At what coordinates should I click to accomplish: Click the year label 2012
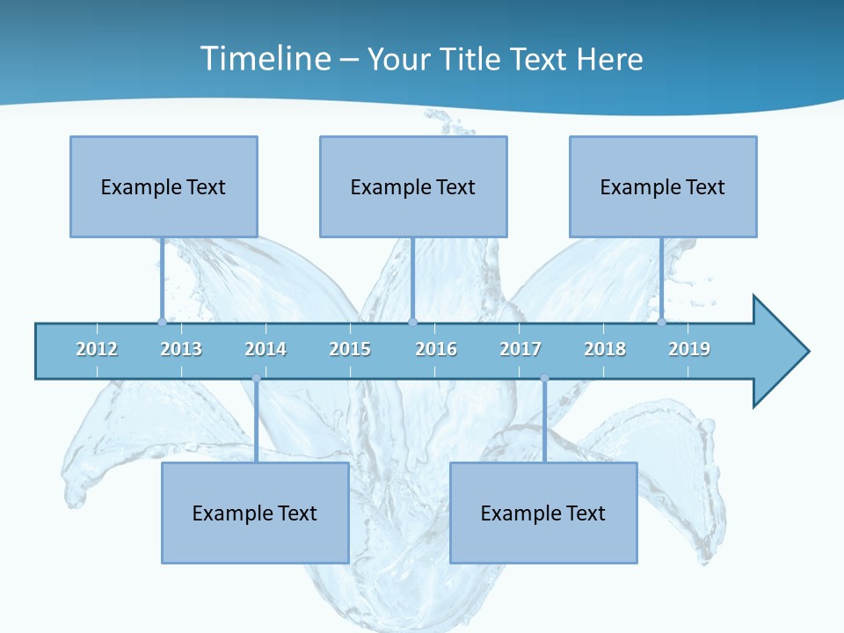97,349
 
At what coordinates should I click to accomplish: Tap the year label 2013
181,349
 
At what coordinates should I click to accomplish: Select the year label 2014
266,349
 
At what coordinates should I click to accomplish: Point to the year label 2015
350,349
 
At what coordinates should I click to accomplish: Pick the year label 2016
436,349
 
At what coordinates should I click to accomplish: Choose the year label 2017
520,349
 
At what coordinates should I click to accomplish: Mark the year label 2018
605,349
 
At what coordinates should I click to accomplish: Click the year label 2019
689,349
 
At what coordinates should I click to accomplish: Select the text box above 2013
164,186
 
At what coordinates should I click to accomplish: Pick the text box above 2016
413,186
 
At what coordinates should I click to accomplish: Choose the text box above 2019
663,186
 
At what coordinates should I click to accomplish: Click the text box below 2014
255,513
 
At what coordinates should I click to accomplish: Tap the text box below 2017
543,513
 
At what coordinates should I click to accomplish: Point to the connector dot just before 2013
162,322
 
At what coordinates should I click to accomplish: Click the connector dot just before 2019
661,322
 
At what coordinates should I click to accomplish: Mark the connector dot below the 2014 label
256,378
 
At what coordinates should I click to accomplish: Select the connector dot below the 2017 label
544,378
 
